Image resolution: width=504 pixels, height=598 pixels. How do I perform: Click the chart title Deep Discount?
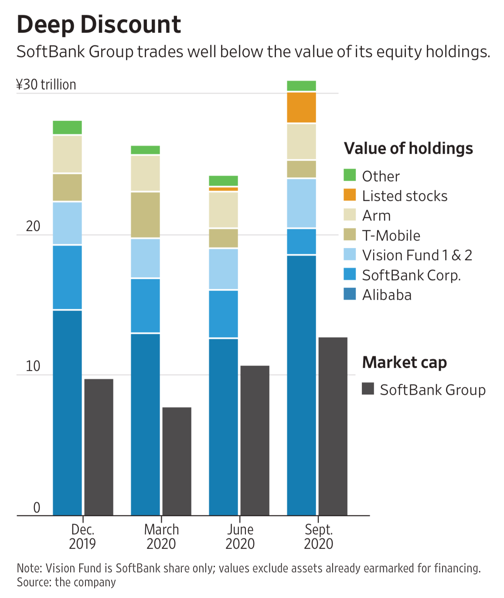pyautogui.click(x=99, y=24)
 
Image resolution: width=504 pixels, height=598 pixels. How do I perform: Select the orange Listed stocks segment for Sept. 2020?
pyautogui.click(x=301, y=107)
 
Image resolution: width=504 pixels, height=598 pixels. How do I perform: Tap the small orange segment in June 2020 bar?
pyautogui.click(x=223, y=189)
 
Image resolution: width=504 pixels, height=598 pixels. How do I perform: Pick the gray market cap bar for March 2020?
pyautogui.click(x=177, y=461)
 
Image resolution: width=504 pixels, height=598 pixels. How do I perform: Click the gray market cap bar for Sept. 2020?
pyautogui.click(x=333, y=426)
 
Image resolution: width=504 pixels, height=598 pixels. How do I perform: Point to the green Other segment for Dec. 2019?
pyautogui.click(x=67, y=127)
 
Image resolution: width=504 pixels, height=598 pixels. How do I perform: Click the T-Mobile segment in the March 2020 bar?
pyautogui.click(x=145, y=215)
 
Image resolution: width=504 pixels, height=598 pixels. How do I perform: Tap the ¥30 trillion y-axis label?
pyautogui.click(x=46, y=85)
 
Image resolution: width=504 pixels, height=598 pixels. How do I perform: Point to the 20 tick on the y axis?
pyautogui.click(x=33, y=226)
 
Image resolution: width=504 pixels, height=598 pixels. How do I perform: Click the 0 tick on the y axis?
pyautogui.click(x=37, y=507)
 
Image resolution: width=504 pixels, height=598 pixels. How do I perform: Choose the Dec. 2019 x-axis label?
pyautogui.click(x=82, y=537)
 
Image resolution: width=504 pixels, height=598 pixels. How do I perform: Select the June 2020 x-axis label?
pyautogui.click(x=240, y=537)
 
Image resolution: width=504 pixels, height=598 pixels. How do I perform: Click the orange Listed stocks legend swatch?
pyautogui.click(x=350, y=195)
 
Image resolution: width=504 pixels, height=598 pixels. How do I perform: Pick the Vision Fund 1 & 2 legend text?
pyautogui.click(x=417, y=255)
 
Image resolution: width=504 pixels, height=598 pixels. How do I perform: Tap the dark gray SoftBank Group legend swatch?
pyautogui.click(x=368, y=389)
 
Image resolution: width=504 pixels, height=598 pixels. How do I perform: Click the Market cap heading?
pyautogui.click(x=404, y=362)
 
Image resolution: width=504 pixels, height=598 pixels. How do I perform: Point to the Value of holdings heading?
pyautogui.click(x=408, y=149)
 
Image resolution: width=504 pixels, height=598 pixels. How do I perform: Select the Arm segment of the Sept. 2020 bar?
pyautogui.click(x=301, y=142)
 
